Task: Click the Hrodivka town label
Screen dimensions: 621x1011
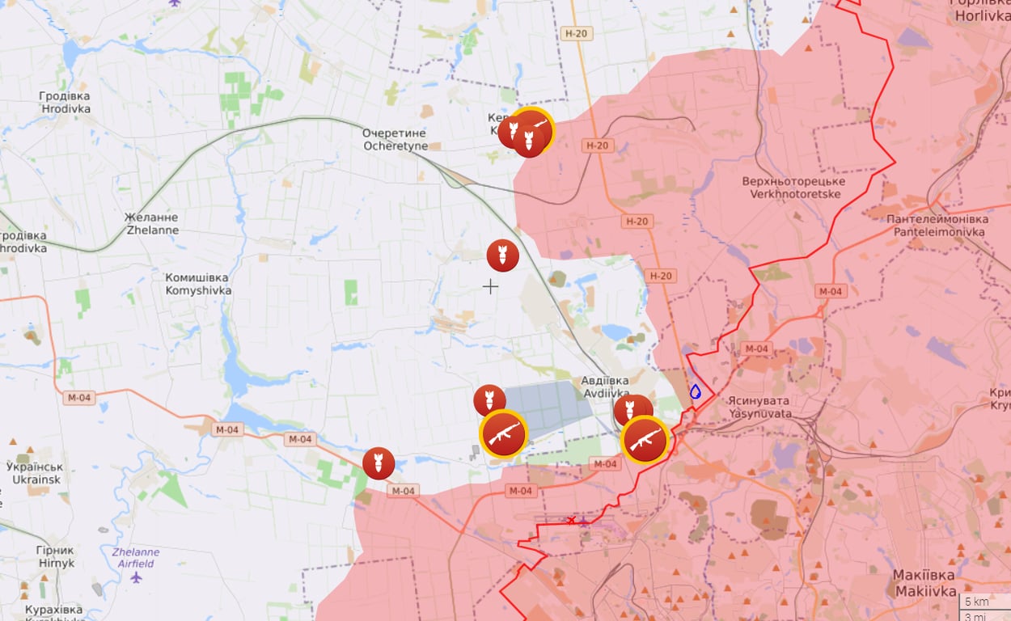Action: [x=65, y=102]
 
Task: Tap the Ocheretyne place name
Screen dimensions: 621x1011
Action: [x=395, y=139]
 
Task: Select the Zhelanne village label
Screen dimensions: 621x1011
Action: [x=152, y=224]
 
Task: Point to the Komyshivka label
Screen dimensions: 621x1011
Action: [x=198, y=284]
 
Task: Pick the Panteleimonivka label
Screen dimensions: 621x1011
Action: [x=937, y=226]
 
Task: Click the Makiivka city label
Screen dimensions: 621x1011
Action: [x=924, y=582]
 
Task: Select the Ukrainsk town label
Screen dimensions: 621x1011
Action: [x=35, y=473]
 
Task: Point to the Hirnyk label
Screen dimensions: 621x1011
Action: [x=56, y=556]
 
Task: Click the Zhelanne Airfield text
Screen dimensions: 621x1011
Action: [x=135, y=558]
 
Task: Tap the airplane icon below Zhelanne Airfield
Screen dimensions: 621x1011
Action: [x=136, y=577]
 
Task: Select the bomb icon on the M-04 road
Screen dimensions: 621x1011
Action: [x=379, y=463]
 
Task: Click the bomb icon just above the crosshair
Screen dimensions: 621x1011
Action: [x=503, y=256]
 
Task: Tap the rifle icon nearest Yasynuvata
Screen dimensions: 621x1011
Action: [x=645, y=439]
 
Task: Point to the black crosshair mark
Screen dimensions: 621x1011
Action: [x=490, y=286]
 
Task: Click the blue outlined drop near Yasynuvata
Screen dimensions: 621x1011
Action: [x=695, y=391]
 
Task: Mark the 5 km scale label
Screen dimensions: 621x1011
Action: [x=977, y=602]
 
